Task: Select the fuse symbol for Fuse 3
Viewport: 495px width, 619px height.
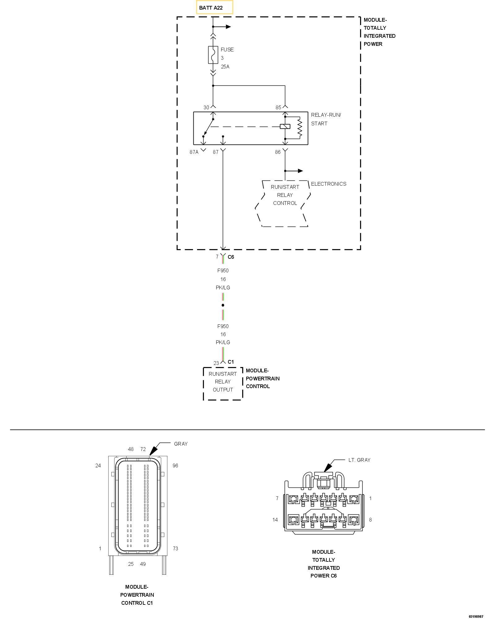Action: pos(213,55)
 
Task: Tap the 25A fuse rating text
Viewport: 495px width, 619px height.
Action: pos(225,67)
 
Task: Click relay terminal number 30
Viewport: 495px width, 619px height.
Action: pos(206,108)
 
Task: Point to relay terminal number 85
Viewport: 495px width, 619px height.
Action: pos(278,108)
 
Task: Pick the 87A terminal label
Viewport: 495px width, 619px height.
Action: pos(194,152)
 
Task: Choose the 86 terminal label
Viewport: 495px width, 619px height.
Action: pos(278,152)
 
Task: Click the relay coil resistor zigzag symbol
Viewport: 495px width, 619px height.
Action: pos(299,128)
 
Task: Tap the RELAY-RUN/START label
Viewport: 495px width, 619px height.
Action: pos(326,119)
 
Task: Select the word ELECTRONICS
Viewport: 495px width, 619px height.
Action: pos(329,184)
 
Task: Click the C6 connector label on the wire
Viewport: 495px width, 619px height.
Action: pos(231,257)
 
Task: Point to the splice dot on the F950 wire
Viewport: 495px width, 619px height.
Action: pos(223,305)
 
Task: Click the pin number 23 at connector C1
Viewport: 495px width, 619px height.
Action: pos(216,363)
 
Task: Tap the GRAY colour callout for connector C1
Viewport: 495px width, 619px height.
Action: pos(181,444)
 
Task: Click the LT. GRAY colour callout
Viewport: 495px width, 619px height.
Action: pos(359,460)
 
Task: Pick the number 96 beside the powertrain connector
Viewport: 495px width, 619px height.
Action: pos(175,465)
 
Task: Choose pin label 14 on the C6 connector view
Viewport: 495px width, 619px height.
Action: pos(275,520)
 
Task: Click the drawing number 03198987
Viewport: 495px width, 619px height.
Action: pos(476,616)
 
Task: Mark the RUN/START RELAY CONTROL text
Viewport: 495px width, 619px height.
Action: pos(285,195)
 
